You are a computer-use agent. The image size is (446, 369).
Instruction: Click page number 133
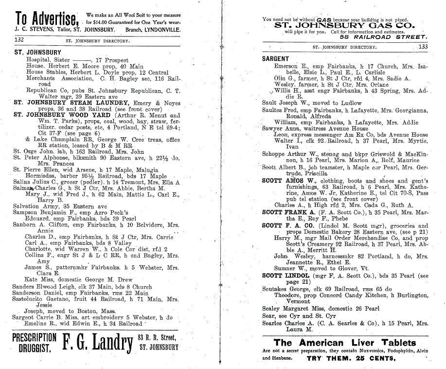[x=423, y=47]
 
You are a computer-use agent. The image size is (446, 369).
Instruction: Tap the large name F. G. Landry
[x=97, y=343]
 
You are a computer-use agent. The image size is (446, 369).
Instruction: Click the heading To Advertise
[x=47, y=19]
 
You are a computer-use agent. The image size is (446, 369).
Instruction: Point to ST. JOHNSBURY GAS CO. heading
[x=344, y=26]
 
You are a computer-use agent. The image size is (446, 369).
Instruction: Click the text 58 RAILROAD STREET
[x=384, y=37]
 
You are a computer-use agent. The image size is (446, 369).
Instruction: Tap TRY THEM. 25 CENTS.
[x=351, y=358]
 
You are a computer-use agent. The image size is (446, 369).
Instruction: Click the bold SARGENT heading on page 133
[x=276, y=59]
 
